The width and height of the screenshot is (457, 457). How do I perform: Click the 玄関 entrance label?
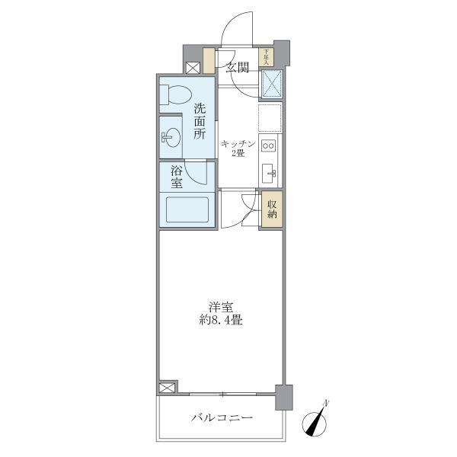(x=238, y=68)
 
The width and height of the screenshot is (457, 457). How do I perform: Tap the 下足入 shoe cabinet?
(x=266, y=58)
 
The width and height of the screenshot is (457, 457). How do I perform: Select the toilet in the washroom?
(x=174, y=95)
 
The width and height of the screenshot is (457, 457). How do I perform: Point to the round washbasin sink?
(x=172, y=139)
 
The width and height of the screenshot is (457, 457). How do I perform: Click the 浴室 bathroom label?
(x=176, y=177)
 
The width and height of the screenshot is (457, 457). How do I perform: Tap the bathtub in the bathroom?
(x=187, y=209)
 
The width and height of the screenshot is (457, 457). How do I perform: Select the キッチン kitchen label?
(x=237, y=142)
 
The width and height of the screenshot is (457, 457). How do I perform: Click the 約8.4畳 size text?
(x=221, y=321)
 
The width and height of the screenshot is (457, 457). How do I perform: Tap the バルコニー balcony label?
(x=221, y=418)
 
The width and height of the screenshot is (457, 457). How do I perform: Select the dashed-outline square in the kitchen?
(x=270, y=117)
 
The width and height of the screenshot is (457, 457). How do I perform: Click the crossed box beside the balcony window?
(x=167, y=388)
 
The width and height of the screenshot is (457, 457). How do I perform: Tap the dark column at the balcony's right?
(x=284, y=398)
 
